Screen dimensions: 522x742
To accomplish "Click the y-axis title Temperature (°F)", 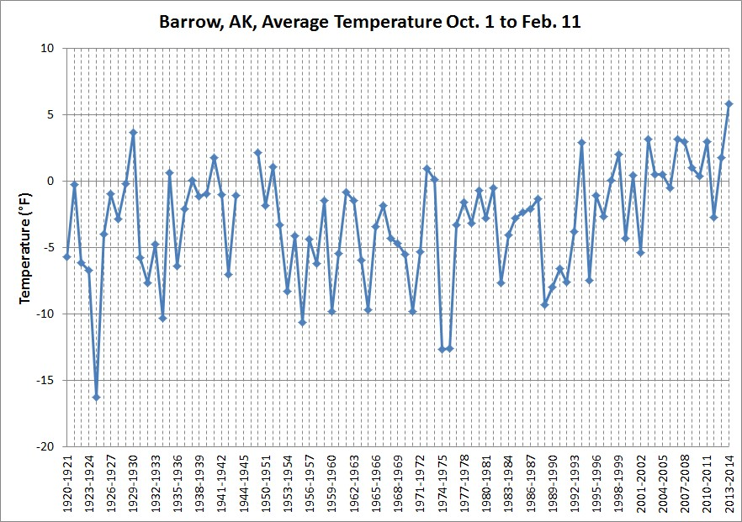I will [26, 246].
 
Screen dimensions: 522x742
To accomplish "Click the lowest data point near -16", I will [96, 397].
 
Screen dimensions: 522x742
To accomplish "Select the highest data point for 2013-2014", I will [729, 103].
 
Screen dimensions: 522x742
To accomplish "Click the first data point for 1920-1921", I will [66, 256].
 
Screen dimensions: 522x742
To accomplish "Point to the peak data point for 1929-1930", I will [133, 132].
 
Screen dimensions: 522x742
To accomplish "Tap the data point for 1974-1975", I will [443, 349].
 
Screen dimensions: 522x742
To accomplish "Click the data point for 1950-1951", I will [265, 205].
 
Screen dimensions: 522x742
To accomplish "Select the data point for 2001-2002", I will [641, 252].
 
